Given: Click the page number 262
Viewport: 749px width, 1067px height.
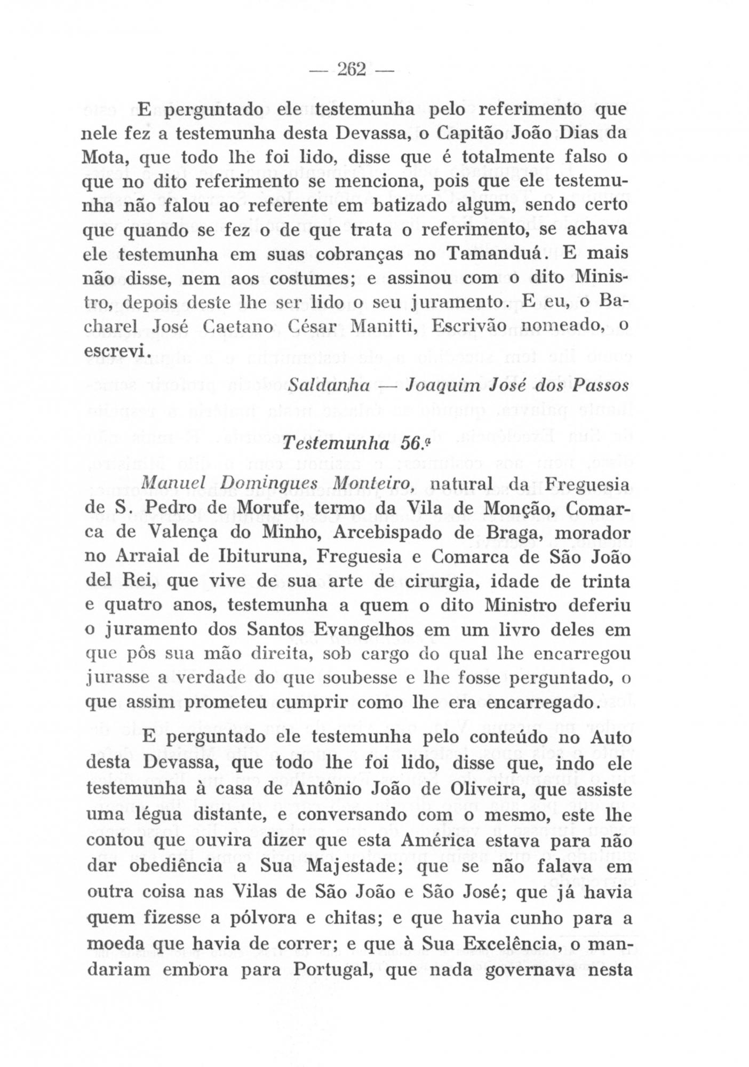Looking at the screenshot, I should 350,69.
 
